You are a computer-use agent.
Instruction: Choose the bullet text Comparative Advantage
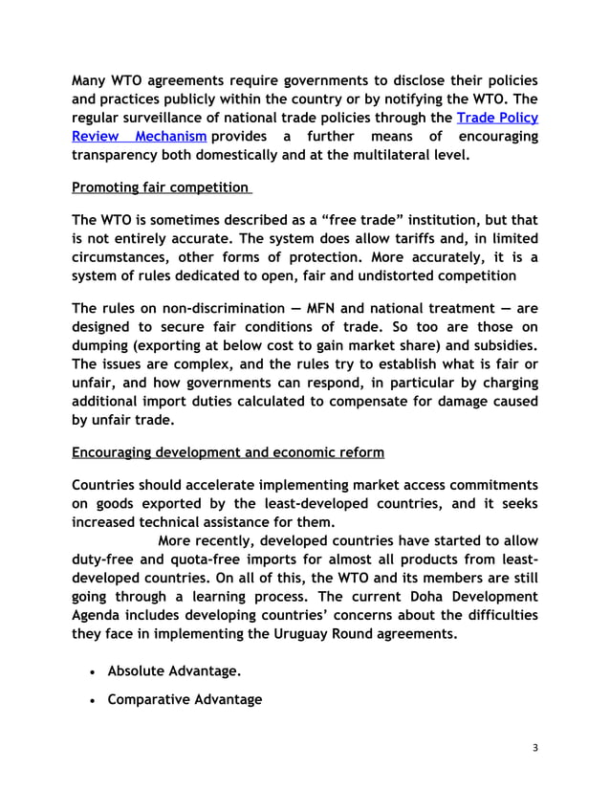185,699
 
